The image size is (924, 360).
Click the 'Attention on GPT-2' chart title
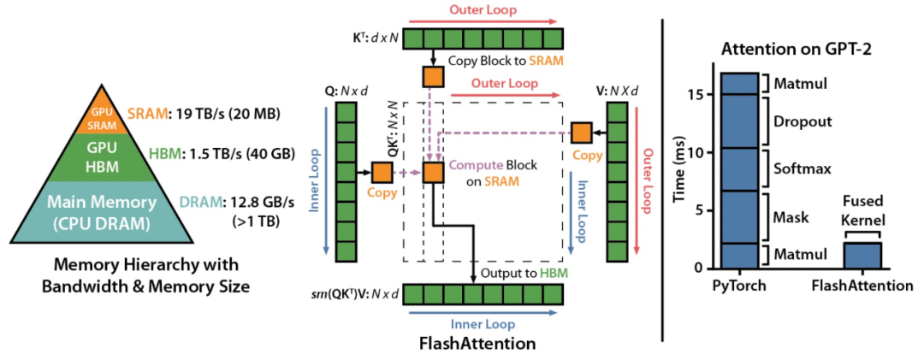click(791, 48)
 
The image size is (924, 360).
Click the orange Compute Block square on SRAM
click(433, 172)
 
